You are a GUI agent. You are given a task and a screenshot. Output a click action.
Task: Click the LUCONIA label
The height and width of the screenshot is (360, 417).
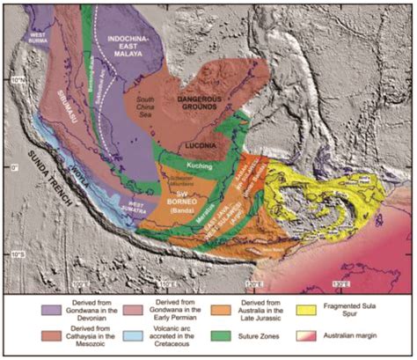[x=205, y=143]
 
